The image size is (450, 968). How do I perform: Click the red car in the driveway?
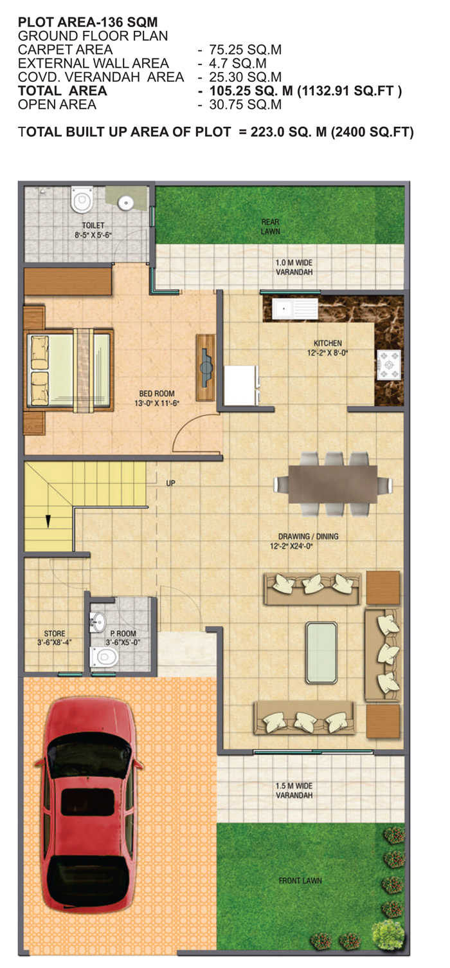pos(89,803)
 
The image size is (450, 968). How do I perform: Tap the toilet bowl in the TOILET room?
pos(82,200)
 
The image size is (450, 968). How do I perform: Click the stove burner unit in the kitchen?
pos(389,365)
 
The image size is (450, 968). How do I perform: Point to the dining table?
pos(332,484)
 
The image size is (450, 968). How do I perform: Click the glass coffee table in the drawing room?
pos(321,653)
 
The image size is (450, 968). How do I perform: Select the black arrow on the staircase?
pos(48,521)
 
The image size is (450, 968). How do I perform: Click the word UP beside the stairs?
pos(171,483)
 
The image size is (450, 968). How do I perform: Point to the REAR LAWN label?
pos(271,227)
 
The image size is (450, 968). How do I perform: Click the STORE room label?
pos(55,633)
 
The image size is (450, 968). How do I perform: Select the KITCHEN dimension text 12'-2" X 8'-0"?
pos(327,353)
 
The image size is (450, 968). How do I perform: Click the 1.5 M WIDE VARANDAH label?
pos(294,790)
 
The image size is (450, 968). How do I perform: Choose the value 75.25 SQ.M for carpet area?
pos(246,50)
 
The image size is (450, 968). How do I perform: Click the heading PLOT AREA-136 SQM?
pos(87,22)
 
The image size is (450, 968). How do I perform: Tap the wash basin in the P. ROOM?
pos(98,622)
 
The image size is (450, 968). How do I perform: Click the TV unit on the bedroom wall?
pos(206,368)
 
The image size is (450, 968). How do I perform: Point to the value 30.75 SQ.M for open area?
pos(246,104)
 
